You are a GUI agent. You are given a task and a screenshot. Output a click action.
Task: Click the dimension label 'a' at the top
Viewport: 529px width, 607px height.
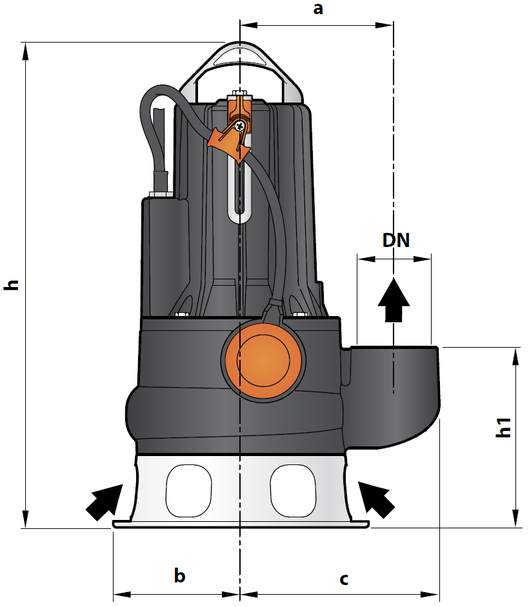tap(318, 8)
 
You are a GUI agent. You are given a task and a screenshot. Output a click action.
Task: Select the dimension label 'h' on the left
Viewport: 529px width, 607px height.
tap(12, 284)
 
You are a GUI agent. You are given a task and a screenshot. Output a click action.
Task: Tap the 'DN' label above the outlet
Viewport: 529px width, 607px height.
tap(395, 241)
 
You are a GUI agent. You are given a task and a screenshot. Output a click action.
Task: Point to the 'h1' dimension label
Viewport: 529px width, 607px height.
tap(504, 428)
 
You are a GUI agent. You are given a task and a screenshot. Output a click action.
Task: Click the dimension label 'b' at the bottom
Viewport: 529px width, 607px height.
tap(180, 575)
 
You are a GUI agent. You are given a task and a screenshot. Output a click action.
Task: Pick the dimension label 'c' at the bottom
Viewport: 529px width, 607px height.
tap(344, 579)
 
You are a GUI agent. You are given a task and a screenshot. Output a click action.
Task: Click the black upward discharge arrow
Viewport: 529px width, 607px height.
tap(394, 299)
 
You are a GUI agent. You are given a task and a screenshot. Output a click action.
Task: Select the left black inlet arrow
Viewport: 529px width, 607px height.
tap(104, 502)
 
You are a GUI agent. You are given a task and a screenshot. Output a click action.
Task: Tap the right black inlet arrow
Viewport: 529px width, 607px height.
tap(376, 499)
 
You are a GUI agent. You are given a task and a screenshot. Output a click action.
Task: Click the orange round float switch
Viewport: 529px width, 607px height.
tap(263, 361)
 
